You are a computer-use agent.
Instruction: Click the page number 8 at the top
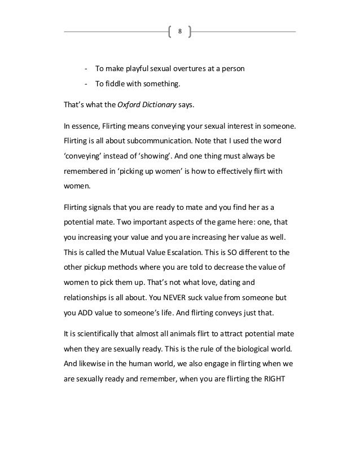(180, 31)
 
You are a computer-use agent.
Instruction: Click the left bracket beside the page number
(170, 31)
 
